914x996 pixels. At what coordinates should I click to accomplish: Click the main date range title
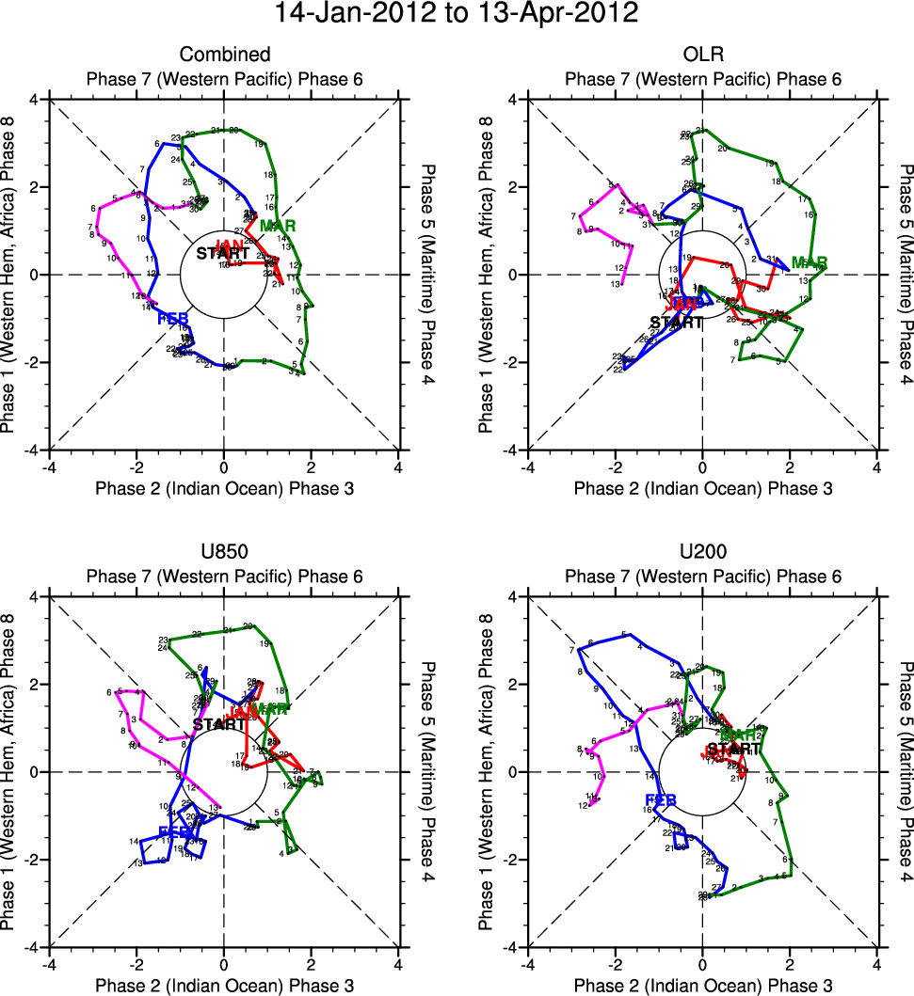point(457,14)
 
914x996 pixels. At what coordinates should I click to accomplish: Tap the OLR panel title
point(703,55)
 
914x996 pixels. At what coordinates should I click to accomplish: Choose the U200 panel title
point(703,552)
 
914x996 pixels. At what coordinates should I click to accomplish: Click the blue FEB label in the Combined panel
point(174,318)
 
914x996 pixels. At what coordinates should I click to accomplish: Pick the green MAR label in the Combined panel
point(278,227)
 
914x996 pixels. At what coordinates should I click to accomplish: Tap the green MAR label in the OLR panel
point(809,262)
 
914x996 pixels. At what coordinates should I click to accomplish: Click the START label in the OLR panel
point(677,323)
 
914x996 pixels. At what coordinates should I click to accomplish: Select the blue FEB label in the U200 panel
point(661,800)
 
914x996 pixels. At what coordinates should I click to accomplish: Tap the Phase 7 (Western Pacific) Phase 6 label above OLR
point(703,80)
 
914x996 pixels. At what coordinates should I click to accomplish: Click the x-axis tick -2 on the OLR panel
point(615,466)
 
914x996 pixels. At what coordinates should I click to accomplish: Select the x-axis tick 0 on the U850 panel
point(224,964)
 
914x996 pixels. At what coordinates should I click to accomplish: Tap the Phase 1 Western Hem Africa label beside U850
point(11,771)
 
